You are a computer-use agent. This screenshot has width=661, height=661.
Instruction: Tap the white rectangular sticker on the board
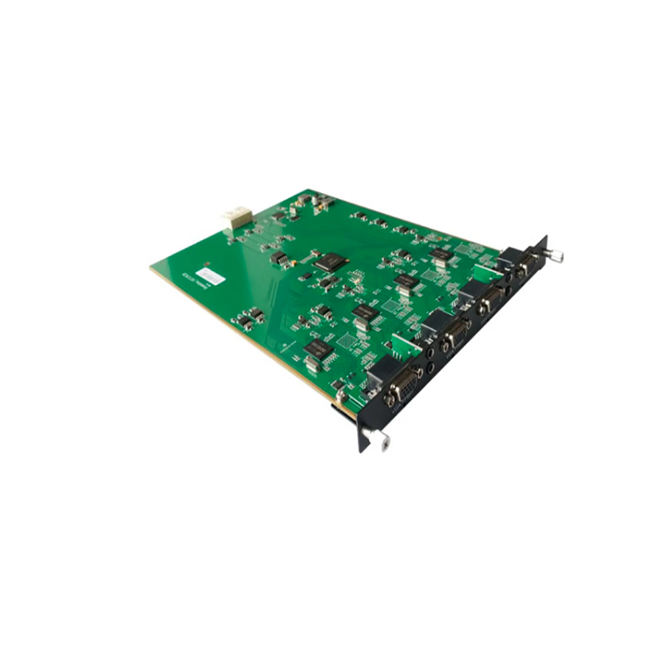point(210,277)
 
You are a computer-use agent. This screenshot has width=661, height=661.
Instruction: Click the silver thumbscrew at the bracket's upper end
point(557,256)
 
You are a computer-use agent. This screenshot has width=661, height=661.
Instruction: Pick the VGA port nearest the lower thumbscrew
point(406,385)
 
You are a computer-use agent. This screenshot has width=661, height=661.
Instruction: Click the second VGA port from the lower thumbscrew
point(454,337)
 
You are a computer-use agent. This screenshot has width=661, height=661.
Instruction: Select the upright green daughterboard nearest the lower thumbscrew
point(404,345)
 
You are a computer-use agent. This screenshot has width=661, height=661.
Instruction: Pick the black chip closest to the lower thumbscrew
point(319,350)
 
